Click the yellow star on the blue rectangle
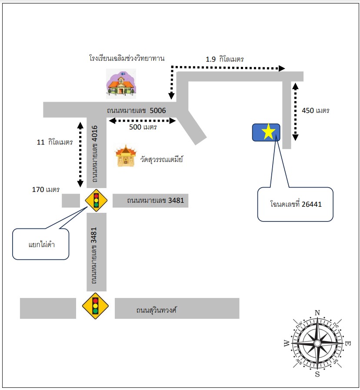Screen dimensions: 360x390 (x=268, y=132)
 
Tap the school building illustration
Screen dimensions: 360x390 (x=121, y=84)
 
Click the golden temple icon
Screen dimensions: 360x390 (x=126, y=156)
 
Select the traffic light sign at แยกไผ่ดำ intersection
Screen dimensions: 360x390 (x=96, y=201)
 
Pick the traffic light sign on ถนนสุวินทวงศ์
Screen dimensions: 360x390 (x=95, y=306)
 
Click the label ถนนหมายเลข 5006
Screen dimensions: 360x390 (x=137, y=110)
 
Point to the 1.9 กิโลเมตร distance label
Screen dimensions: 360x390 (x=224, y=59)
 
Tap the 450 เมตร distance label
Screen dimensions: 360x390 (x=316, y=110)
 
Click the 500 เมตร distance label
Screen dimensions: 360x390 (x=143, y=127)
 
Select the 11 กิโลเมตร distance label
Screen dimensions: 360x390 (x=55, y=142)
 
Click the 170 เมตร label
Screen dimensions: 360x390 (x=46, y=189)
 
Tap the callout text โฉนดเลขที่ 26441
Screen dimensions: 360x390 (x=296, y=204)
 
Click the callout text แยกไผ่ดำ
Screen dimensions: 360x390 (x=42, y=245)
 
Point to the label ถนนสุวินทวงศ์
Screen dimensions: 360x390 (x=157, y=310)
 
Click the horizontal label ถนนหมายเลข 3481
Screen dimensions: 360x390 (x=155, y=200)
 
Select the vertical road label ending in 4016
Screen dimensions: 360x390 (x=94, y=154)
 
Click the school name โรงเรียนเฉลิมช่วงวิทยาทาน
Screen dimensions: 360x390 (x=127, y=59)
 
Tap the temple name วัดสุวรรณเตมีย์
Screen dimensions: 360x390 (x=162, y=159)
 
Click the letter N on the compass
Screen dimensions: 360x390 (x=317, y=313)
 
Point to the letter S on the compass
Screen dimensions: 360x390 (x=317, y=374)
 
